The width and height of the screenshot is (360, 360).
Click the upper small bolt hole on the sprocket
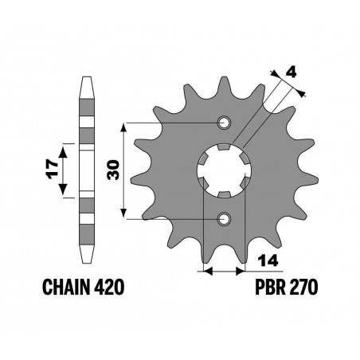coord(224,123)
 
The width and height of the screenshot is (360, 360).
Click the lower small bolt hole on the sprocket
coord(224,217)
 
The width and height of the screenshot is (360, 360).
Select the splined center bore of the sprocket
coord(224,170)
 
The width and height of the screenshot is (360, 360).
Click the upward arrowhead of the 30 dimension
coord(124,127)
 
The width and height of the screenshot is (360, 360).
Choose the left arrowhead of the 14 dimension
coord(209,272)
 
